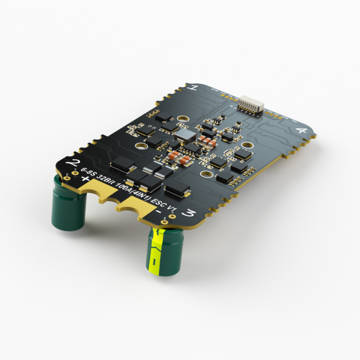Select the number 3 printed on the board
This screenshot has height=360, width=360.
[x=190, y=213]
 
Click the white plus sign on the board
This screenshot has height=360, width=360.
[x=85, y=179]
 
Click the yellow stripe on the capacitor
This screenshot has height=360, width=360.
[x=157, y=250]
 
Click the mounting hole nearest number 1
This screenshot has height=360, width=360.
[x=183, y=119]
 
